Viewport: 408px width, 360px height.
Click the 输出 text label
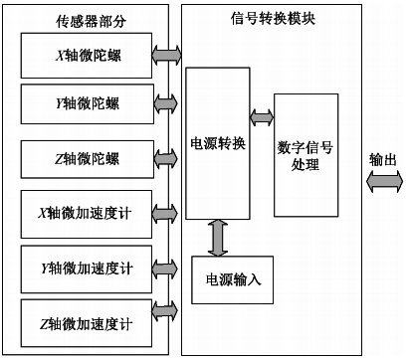click(x=383, y=159)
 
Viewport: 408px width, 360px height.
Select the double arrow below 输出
click(x=385, y=182)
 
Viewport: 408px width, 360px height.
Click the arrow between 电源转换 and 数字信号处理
click(x=260, y=118)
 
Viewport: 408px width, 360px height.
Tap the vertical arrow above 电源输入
click(x=215, y=236)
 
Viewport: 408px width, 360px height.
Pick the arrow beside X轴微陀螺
click(x=165, y=49)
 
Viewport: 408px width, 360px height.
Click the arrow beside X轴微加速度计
click(x=165, y=214)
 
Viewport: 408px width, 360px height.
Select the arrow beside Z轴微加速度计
click(x=165, y=323)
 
